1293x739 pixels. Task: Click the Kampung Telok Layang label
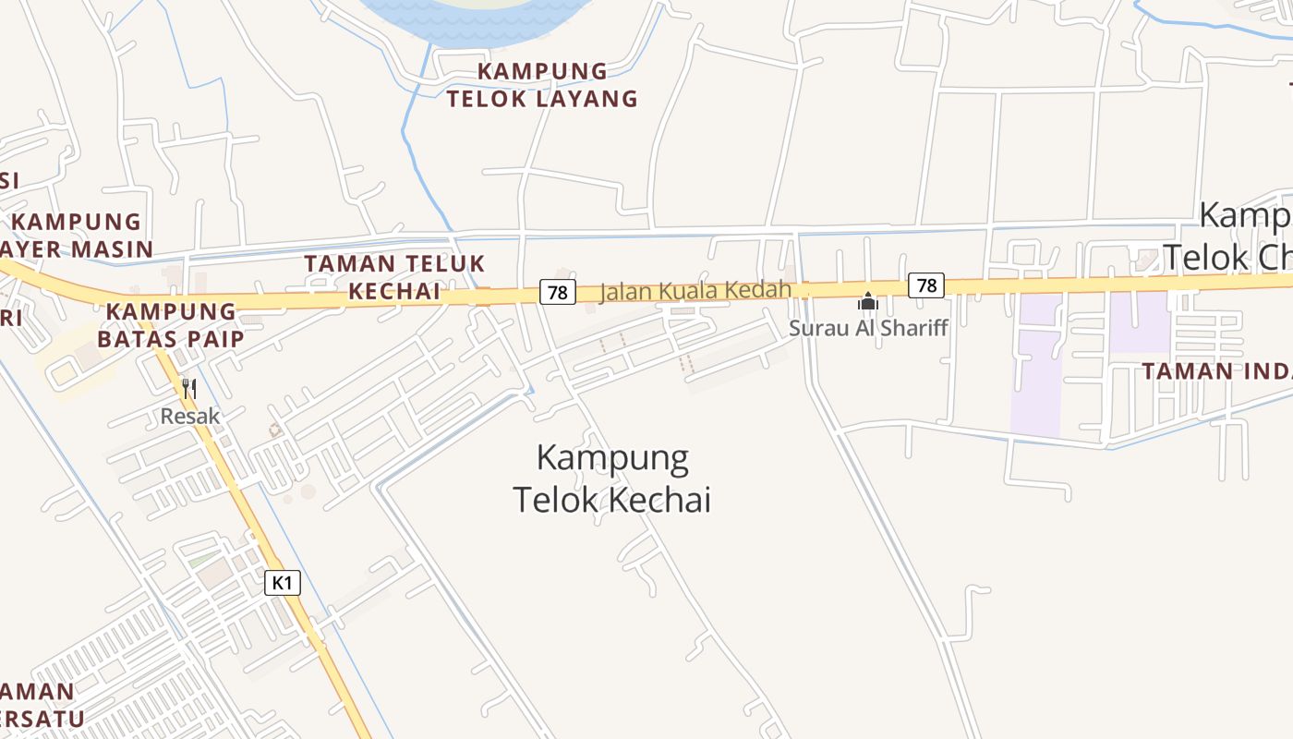[542, 85]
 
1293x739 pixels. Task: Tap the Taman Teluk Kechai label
[394, 277]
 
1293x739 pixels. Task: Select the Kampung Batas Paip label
[171, 324]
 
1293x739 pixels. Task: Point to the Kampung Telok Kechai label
[612, 479]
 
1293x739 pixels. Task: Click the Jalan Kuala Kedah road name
[695, 291]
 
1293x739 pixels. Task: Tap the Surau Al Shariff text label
[868, 328]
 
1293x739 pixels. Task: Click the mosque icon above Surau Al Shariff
[868, 301]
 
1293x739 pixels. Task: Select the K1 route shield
[283, 583]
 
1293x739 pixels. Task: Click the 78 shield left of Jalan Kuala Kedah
[557, 292]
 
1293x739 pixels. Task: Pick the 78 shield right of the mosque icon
[926, 285]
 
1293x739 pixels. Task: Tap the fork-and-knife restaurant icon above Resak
[189, 389]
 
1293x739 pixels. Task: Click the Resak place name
[190, 417]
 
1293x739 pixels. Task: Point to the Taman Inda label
[1216, 371]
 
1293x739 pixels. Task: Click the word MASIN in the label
[111, 248]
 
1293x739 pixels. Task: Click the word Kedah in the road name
[763, 290]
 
